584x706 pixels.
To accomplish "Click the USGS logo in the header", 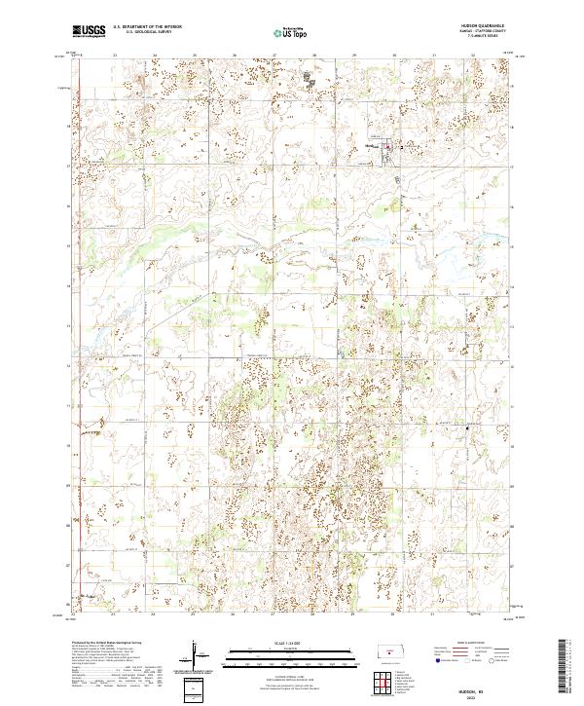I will [89, 31].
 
